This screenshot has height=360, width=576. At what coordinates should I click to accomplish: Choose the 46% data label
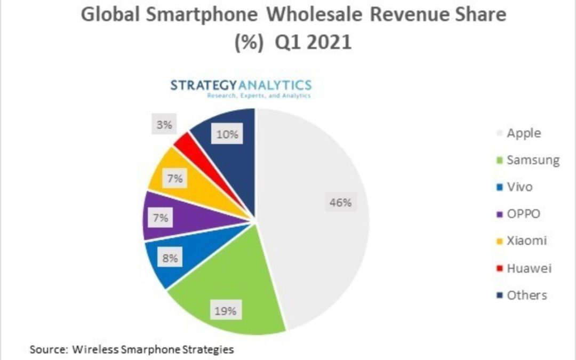[x=340, y=203]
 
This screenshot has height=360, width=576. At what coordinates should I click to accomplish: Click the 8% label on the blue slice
[x=171, y=259]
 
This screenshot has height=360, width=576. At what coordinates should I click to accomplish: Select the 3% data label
[x=164, y=125]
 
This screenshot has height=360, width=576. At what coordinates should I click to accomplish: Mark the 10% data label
[x=227, y=135]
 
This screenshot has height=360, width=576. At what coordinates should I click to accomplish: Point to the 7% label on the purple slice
[x=160, y=218]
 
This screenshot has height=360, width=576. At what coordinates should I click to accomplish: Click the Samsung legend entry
[x=530, y=160]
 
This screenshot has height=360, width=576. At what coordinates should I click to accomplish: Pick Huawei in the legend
[x=528, y=268]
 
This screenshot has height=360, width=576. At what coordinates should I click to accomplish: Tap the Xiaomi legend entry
[x=526, y=241]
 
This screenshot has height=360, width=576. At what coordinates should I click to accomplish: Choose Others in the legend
[x=526, y=295]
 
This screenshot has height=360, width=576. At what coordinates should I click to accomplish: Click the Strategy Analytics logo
[x=241, y=88]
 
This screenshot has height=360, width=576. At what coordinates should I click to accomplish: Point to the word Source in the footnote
[x=47, y=350]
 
